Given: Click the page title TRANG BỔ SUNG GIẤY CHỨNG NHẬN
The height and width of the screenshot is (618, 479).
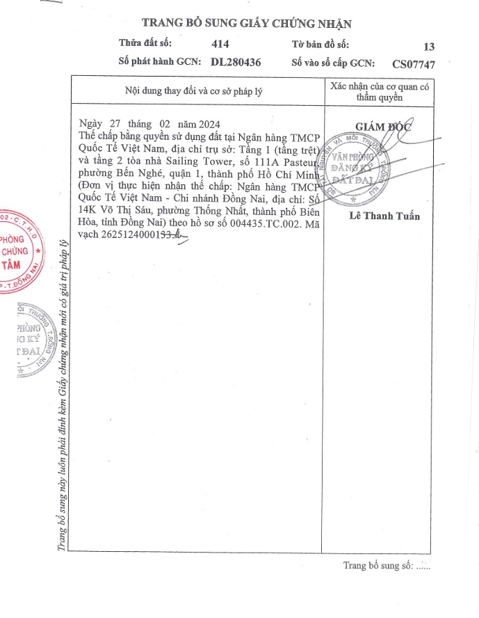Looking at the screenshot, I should (247, 24).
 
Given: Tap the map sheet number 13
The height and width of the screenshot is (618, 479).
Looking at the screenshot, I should (428, 47).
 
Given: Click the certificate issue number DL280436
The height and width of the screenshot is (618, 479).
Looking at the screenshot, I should (226, 62).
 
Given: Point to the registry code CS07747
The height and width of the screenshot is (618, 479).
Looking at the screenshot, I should (414, 64).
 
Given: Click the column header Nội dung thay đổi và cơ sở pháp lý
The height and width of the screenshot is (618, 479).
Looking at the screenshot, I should (193, 90).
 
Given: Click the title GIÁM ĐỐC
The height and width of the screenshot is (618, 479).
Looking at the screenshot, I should (384, 127).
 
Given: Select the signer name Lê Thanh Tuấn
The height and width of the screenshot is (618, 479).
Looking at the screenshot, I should (385, 216).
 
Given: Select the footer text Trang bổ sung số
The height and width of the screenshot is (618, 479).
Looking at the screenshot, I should (378, 565).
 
